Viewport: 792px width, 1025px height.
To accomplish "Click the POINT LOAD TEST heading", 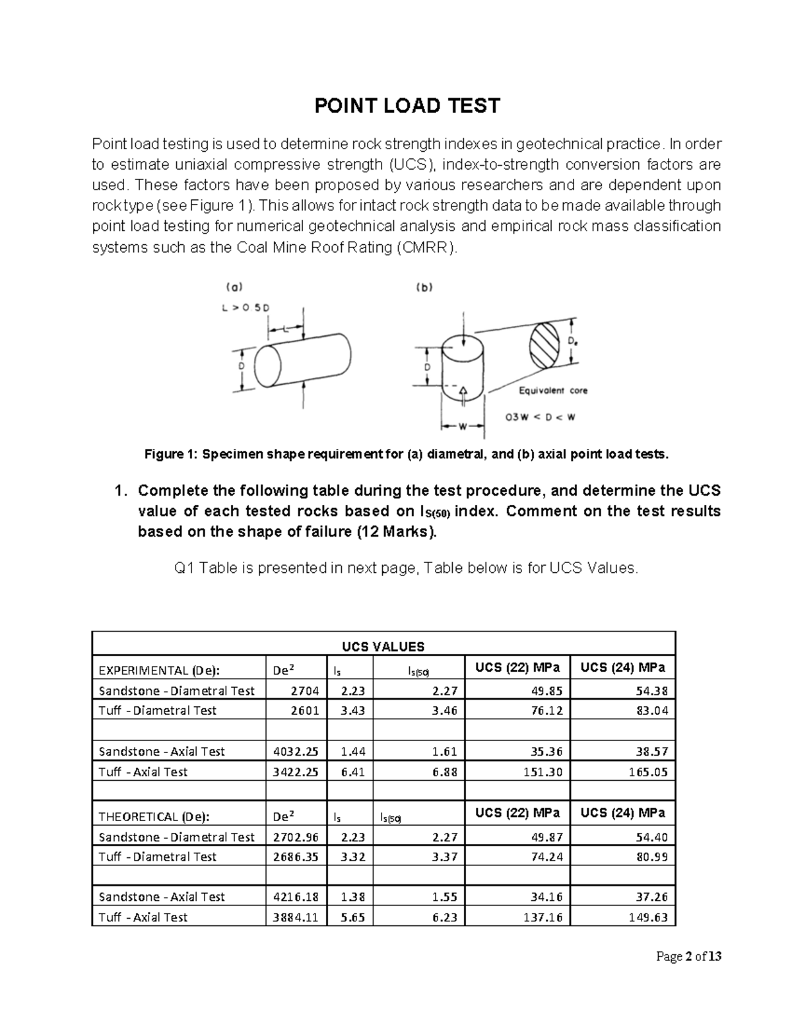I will pos(407,106).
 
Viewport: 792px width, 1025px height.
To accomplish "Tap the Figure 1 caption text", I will pos(406,455).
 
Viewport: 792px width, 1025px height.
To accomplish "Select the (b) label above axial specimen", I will pos(423,287).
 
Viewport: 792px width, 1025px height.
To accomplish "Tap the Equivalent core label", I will pos(552,391).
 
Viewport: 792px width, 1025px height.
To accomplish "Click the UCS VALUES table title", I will pos(383,647).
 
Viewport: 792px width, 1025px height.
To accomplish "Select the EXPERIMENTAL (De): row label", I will pos(158,671).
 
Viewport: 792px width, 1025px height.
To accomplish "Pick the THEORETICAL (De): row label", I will pos(154,816).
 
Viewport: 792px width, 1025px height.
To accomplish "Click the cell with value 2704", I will pos(305,691).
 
